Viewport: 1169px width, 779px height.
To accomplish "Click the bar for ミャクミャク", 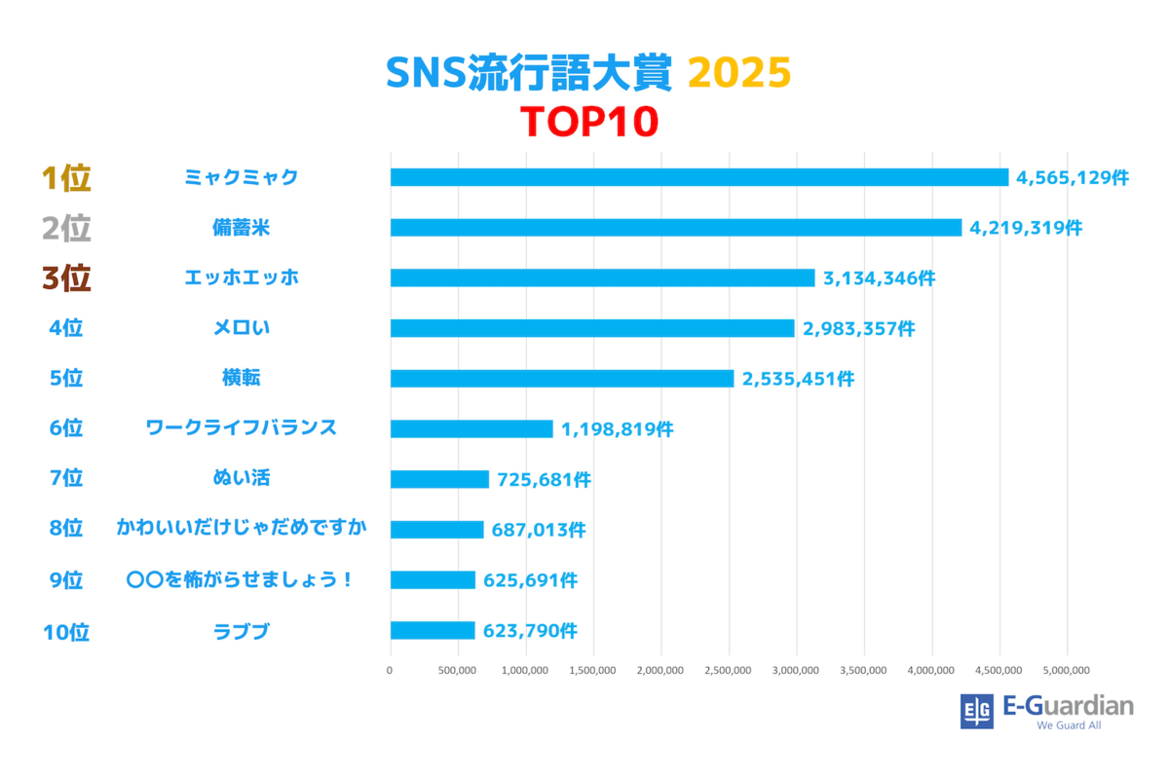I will tap(699, 177).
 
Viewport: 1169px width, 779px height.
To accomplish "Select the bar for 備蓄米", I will tap(676, 228).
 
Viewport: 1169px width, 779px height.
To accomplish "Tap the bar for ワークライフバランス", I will tap(471, 429).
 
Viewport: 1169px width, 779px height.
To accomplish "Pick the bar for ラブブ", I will tap(433, 631).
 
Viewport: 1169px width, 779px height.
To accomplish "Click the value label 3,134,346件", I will tap(879, 278).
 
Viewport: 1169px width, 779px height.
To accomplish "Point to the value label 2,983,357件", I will tap(858, 329).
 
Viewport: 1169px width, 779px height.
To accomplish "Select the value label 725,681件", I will tap(544, 480).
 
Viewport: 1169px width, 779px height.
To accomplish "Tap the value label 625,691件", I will tap(530, 580).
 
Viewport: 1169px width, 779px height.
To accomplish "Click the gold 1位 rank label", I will tap(66, 178).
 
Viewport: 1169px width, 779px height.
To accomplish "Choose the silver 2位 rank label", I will tap(66, 229).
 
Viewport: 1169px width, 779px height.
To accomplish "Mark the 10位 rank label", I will tap(66, 633).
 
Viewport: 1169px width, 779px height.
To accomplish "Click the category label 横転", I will tap(242, 379).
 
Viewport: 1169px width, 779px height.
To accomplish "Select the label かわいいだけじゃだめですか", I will tap(242, 529).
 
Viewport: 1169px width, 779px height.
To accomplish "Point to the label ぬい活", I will tap(242, 478).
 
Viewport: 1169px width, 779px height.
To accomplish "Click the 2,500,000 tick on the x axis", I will tap(729, 670).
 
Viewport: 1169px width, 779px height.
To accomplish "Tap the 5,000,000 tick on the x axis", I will tap(1068, 670).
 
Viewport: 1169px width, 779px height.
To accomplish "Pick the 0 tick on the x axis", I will tap(390, 670).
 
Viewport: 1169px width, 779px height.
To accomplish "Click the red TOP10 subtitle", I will tap(590, 123).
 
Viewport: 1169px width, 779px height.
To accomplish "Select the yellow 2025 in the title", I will tap(739, 73).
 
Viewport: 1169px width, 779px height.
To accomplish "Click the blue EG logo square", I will tap(977, 712).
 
